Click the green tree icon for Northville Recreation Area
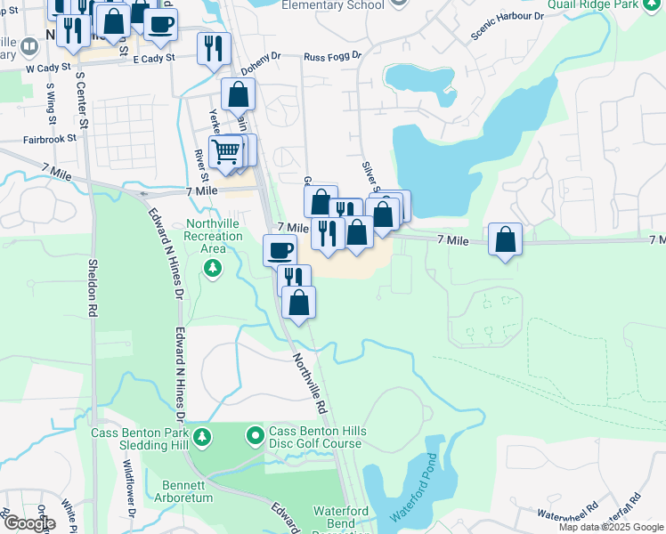pyautogui.click(x=213, y=268)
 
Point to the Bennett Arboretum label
pyautogui.click(x=187, y=491)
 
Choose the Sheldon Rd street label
pyautogui.click(x=92, y=288)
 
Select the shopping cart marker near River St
pyautogui.click(x=226, y=152)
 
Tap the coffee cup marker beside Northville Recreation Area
pyautogui.click(x=280, y=249)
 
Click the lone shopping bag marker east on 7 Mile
pyautogui.click(x=506, y=239)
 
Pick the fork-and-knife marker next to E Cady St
pyautogui.click(x=214, y=48)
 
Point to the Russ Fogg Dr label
pyautogui.click(x=332, y=55)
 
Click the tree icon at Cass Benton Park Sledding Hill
pyautogui.click(x=203, y=436)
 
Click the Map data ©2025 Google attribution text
pyautogui.click(x=611, y=527)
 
